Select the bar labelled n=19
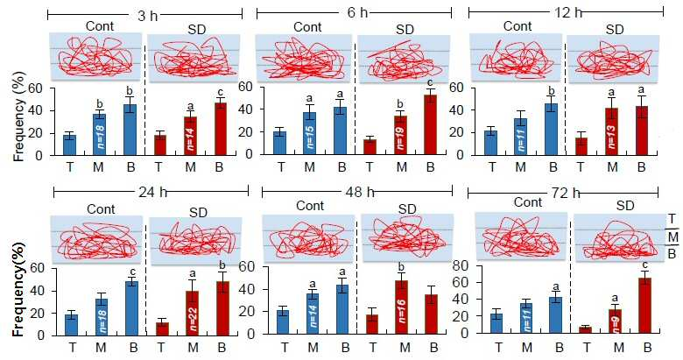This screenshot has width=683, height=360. point(401,135)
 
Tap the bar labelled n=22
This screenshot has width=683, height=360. point(193,314)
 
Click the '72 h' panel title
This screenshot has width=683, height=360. point(565,193)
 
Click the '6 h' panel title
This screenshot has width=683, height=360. point(357,12)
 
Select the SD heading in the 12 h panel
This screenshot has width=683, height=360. point(615,30)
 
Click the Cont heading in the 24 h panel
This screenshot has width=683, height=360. point(101,209)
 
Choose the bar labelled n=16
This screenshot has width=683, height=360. point(401,307)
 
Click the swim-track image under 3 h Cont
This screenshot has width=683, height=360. point(95,57)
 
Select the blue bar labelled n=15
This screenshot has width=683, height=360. point(309,133)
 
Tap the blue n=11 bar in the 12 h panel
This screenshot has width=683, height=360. point(520,137)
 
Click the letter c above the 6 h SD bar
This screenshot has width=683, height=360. point(430,82)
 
